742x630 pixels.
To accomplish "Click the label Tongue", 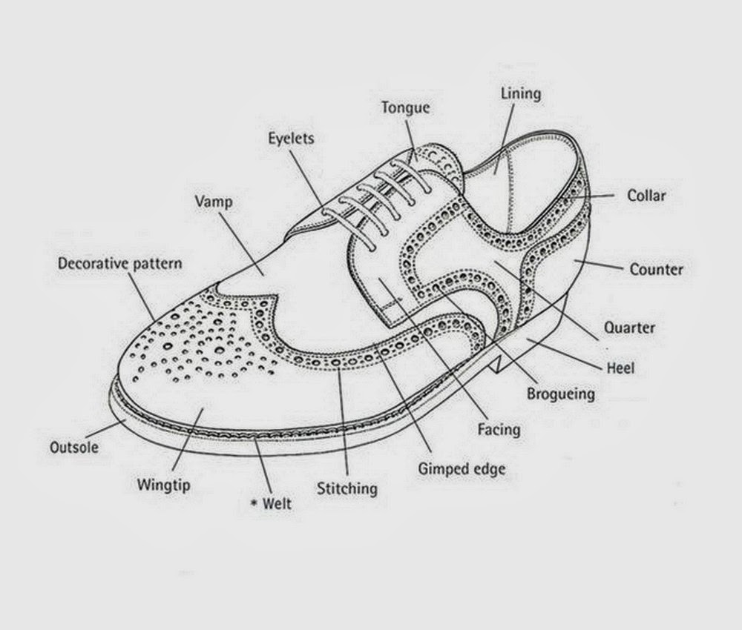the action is pos(406,107).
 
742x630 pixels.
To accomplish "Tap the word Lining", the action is pos(521,94).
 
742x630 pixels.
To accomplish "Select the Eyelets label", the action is pos(292,138).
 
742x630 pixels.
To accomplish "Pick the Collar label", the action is pos(646,196).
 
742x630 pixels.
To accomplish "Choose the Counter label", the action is pos(656,269).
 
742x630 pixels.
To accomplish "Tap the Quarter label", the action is pos(629,327).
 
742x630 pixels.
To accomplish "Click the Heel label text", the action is pos(620,367).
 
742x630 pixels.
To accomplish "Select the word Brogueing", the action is pos(560,393).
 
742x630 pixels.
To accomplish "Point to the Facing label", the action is pos(499,428).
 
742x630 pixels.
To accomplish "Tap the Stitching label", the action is pos(347,488).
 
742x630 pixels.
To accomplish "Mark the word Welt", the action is pos(278,504).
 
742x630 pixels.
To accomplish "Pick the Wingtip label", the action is pos(164,486).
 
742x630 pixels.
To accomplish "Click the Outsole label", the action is pos(75,447).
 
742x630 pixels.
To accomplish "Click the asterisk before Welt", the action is pos(254,503).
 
